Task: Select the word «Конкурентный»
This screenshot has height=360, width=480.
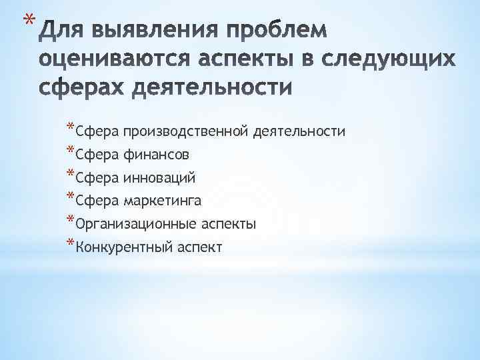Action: click(124, 247)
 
